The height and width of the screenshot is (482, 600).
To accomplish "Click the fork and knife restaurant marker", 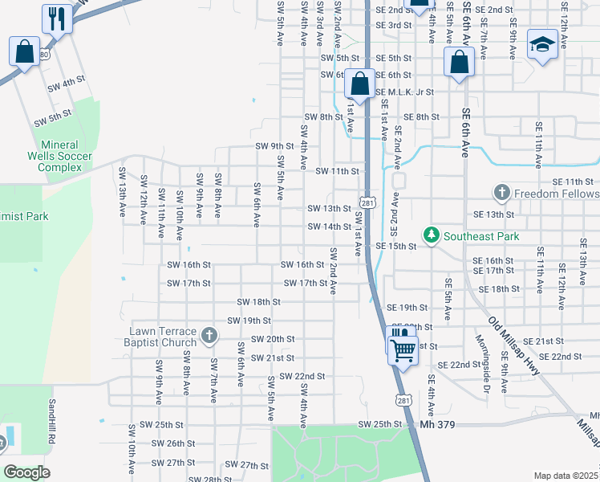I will (x=57, y=18).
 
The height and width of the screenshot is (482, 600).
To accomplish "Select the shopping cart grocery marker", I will (x=403, y=349).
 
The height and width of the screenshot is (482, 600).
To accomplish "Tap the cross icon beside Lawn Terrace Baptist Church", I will (x=209, y=335).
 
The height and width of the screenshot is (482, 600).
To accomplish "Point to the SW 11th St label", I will (x=334, y=171).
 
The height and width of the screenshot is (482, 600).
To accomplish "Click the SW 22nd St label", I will (x=298, y=376).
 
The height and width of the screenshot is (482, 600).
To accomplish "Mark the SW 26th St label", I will (x=171, y=443).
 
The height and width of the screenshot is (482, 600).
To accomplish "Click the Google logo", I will (x=26, y=472).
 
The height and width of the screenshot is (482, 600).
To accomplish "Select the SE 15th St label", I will (x=395, y=246).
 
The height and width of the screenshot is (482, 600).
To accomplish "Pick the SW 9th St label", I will (x=274, y=146).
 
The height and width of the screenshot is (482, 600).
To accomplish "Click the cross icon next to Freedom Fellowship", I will (x=501, y=193).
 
